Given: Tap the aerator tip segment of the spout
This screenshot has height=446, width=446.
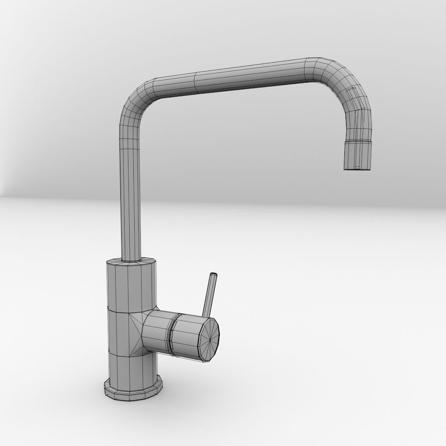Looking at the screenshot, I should click(359, 155).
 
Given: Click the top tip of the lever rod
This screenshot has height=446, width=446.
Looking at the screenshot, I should click(214, 275).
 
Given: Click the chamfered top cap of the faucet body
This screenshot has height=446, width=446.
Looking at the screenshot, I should click(131, 263).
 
